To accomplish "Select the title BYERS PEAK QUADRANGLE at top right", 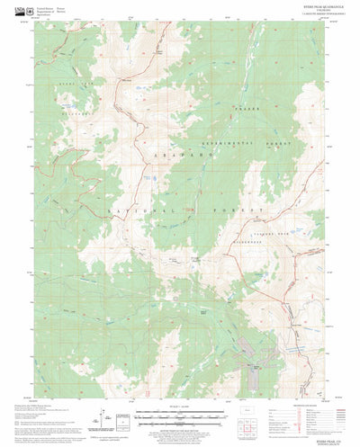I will tap(302, 7).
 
